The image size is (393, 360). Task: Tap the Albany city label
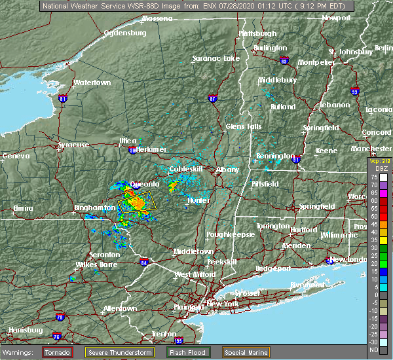(227, 170)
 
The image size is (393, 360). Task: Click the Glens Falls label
(244, 126)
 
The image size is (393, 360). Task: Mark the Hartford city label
(303, 230)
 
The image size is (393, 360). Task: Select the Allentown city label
(120, 308)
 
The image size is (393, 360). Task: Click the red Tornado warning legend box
(57, 351)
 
